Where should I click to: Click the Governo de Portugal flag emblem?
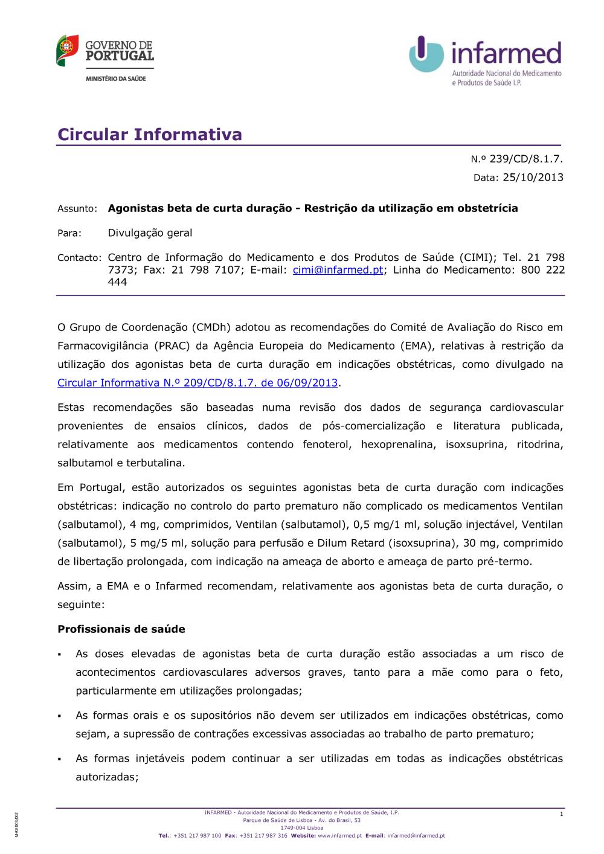(67, 50)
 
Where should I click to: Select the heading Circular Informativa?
(149, 134)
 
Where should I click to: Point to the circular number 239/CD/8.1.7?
(525, 159)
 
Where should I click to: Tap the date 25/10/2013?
(533, 178)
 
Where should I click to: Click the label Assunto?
(77, 209)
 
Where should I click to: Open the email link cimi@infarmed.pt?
(338, 270)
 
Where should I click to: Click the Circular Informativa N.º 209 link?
(198, 383)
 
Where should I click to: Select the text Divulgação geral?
(150, 233)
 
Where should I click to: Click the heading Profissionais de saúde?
(121, 629)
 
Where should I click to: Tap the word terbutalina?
(155, 463)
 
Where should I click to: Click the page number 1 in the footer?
(561, 814)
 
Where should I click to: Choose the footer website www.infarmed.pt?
(339, 836)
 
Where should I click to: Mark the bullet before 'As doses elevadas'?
(60, 655)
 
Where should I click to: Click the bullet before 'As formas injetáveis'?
(60, 759)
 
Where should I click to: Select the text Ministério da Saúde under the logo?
(115, 79)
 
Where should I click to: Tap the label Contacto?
(79, 258)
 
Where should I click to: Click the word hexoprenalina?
(397, 445)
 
